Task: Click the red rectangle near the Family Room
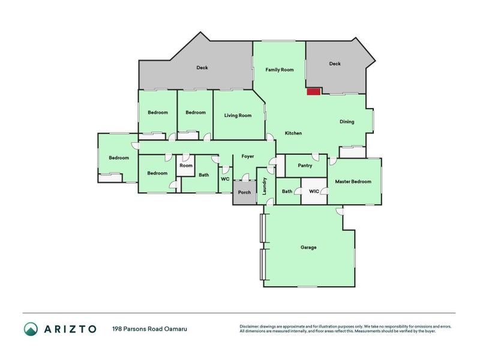[313, 92]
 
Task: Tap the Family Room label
[280, 70]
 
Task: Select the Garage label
[308, 247]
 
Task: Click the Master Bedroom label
[353, 181]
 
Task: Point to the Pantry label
[305, 166]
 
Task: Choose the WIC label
[314, 191]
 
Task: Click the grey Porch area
[244, 193]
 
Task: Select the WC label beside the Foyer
[225, 179]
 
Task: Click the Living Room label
[238, 115]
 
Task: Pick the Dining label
[347, 122]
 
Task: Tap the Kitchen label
[293, 133]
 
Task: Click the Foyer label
[248, 156]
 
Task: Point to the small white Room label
[186, 166]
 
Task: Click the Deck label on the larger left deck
[202, 68]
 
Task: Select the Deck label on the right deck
[335, 64]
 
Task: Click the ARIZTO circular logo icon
[31, 328]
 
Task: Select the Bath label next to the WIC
[287, 191]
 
